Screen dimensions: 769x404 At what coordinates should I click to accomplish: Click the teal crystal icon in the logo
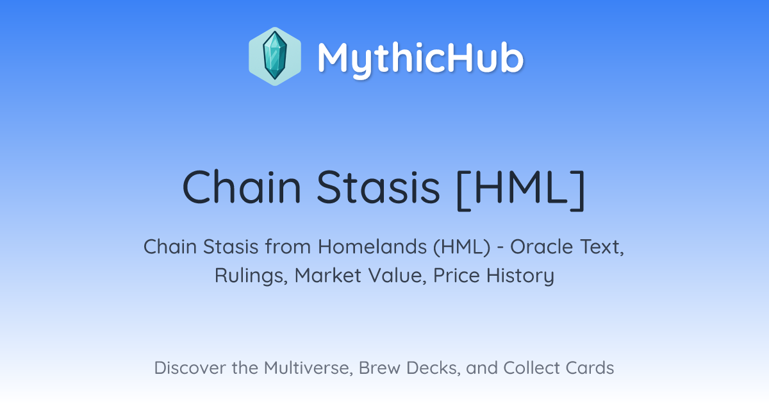[275, 56]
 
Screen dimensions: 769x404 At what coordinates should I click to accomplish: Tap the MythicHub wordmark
[420, 59]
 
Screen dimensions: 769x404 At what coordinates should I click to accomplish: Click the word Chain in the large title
[242, 187]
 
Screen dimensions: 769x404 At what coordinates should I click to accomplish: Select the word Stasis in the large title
[378, 187]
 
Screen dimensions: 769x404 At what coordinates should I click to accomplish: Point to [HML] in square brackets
[521, 190]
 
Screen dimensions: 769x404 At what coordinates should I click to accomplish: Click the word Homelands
[372, 247]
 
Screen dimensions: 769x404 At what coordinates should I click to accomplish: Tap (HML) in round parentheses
[462, 248]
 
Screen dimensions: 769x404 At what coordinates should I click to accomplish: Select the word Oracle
[542, 247]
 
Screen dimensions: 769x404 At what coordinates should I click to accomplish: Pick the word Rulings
[251, 276]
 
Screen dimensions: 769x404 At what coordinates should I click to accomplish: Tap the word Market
[328, 276]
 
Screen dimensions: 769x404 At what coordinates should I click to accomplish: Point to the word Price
[456, 276]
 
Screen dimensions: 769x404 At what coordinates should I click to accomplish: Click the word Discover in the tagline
[190, 368]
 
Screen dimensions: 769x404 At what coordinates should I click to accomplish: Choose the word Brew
[379, 368]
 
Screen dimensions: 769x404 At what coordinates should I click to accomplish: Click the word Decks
[433, 368]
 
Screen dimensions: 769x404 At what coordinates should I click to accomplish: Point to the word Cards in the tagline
[590, 368]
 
